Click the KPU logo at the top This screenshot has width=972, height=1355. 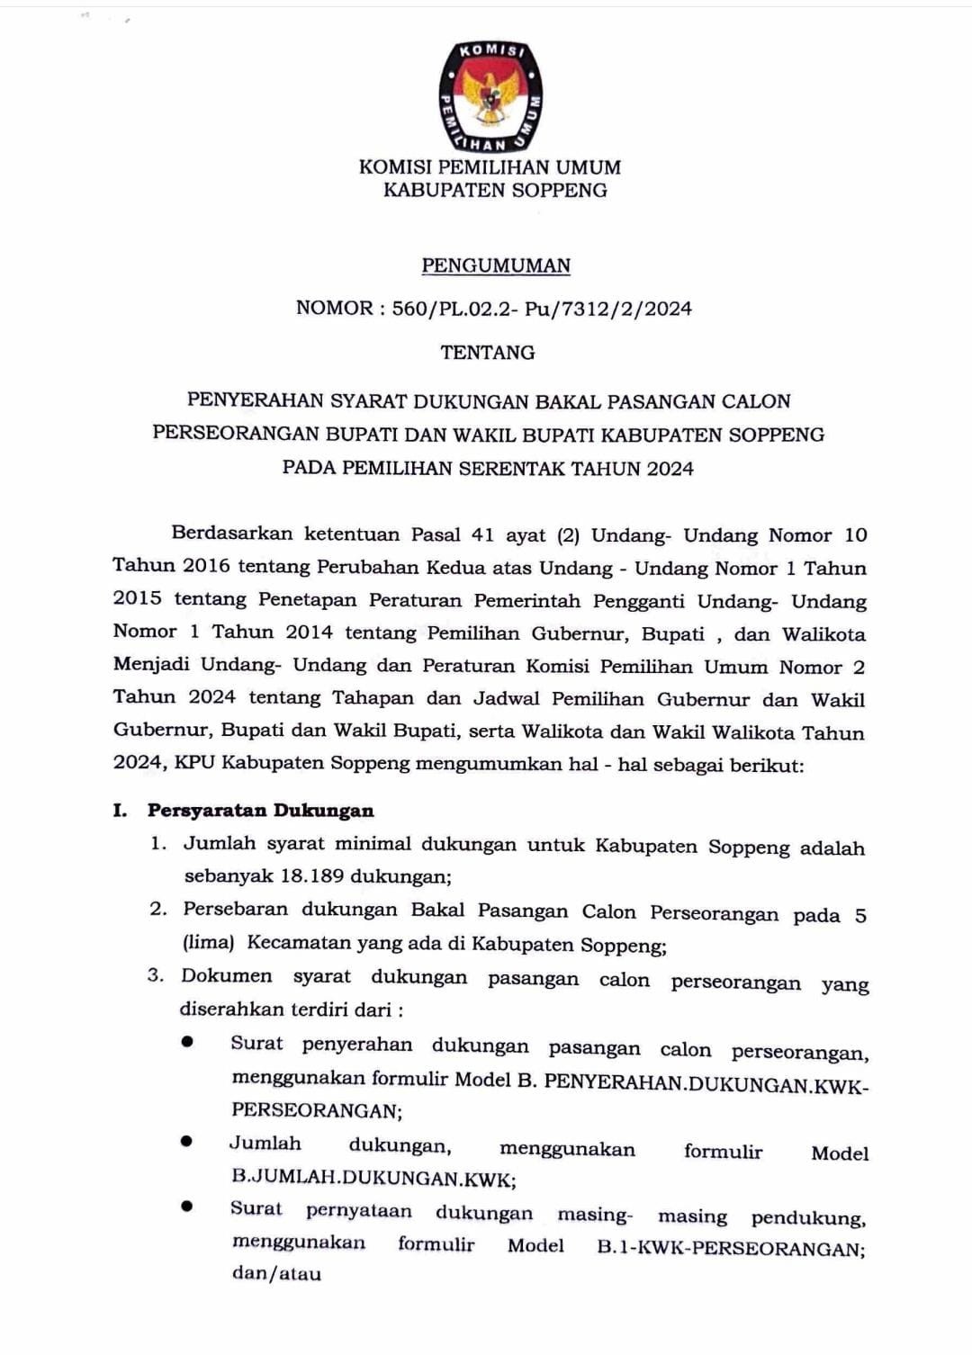click(x=490, y=95)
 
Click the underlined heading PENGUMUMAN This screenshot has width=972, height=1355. click(x=496, y=265)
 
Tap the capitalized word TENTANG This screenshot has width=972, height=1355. click(x=488, y=353)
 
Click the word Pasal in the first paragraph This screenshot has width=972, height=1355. click(x=436, y=534)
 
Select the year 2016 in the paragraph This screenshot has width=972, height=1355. click(x=206, y=566)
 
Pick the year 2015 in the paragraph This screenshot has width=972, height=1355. click(x=138, y=598)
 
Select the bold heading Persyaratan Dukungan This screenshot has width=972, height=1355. click(x=260, y=810)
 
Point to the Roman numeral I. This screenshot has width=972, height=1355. click(x=120, y=810)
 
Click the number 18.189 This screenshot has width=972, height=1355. click(x=311, y=876)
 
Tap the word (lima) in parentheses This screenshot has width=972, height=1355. click(x=208, y=943)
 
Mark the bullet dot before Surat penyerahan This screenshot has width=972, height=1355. click(x=186, y=1042)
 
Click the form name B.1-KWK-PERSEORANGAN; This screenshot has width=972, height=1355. click(x=731, y=1248)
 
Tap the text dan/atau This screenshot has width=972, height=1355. click(x=276, y=1273)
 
